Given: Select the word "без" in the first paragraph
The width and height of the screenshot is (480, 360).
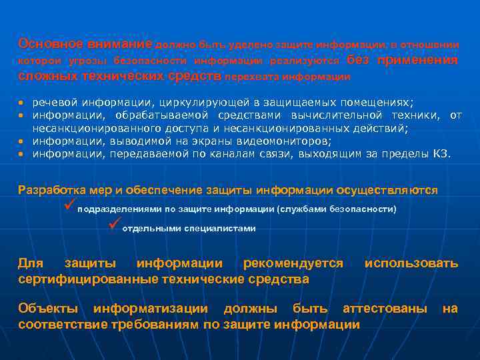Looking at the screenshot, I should [x=358, y=60].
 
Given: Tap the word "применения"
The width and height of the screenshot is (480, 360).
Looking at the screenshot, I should [x=418, y=60].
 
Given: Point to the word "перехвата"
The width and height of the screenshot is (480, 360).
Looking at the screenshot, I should [x=253, y=77].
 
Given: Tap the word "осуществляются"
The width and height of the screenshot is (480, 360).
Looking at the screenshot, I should [x=387, y=190].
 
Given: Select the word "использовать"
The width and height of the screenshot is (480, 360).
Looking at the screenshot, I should [x=411, y=263].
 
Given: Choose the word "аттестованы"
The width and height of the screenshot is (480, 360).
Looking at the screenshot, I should [x=385, y=309].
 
